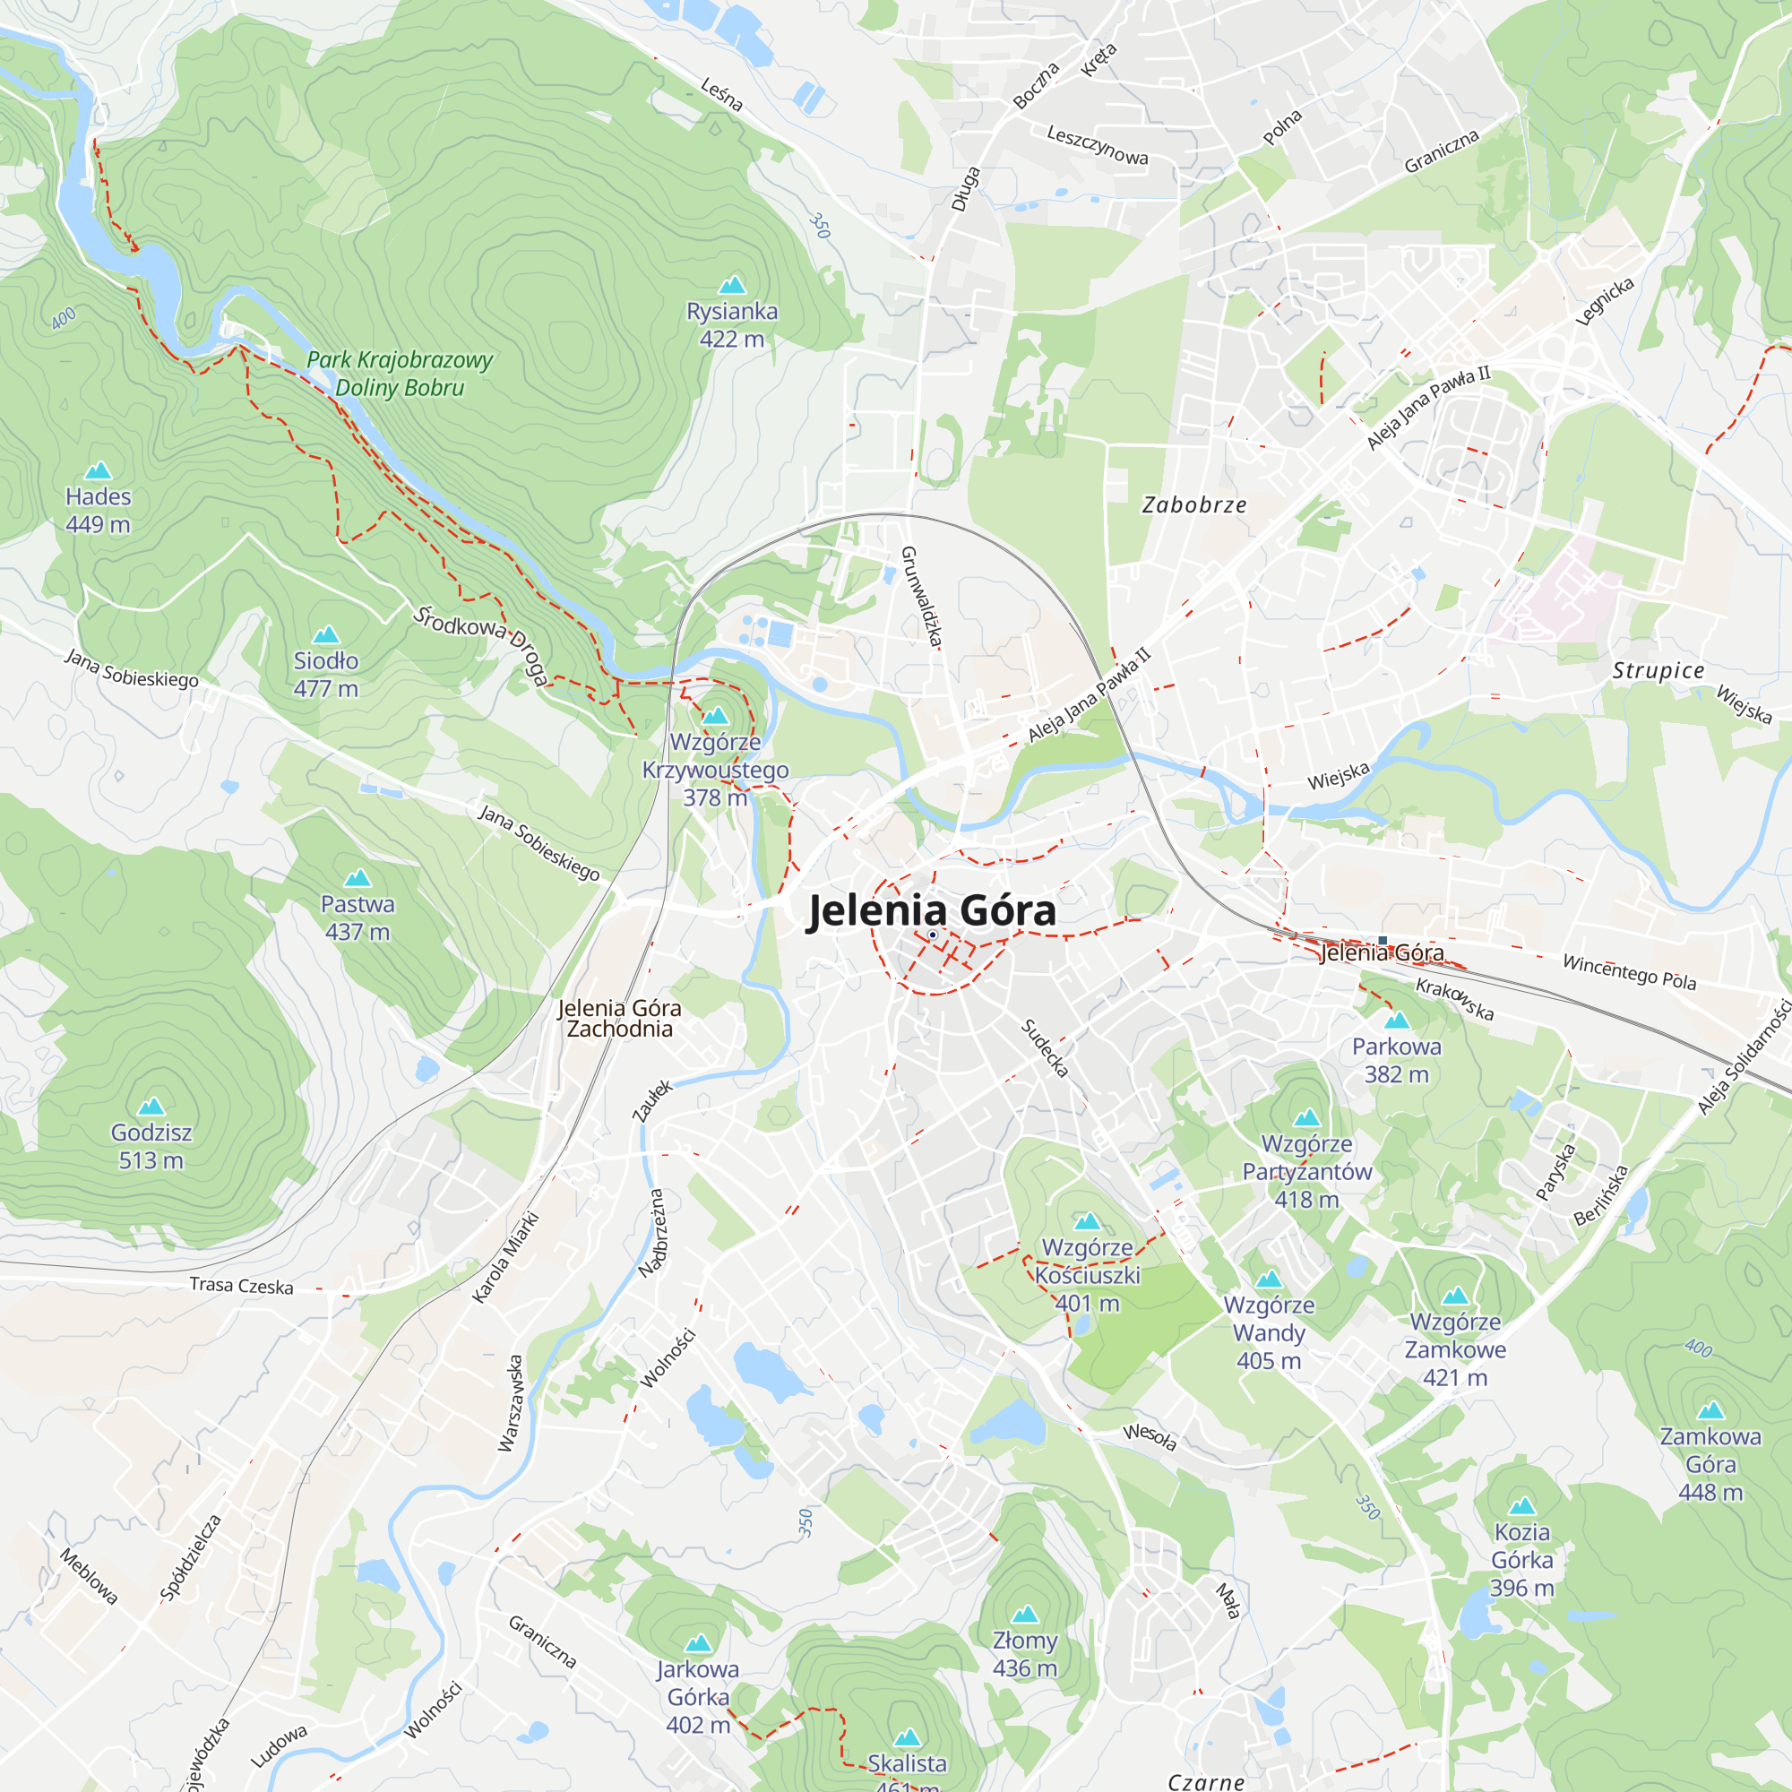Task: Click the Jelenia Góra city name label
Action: [x=931, y=911]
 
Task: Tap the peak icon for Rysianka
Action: [x=733, y=284]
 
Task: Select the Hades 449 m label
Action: [x=99, y=510]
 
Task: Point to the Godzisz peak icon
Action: [x=151, y=1106]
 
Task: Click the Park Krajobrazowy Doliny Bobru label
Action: [x=400, y=373]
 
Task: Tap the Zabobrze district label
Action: [x=1193, y=505]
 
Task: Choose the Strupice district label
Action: [x=1658, y=670]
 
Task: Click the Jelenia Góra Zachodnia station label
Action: [x=620, y=1018]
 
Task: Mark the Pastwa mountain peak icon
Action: [x=358, y=877]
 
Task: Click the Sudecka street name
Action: [x=1046, y=1048]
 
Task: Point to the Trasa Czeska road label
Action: [x=241, y=1286]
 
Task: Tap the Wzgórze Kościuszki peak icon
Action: [x=1087, y=1220]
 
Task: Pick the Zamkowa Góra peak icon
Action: [x=1710, y=1411]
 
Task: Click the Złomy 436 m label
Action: [x=1025, y=1654]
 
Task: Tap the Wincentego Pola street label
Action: [x=1630, y=972]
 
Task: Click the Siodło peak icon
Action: [x=325, y=634]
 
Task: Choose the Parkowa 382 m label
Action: [x=1396, y=1060]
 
